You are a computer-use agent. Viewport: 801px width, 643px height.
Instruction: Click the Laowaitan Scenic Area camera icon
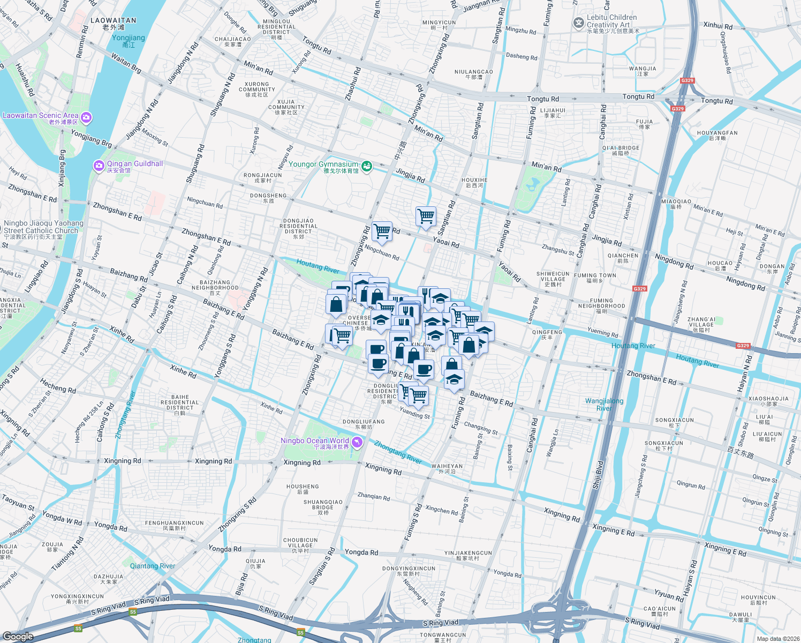click(x=86, y=117)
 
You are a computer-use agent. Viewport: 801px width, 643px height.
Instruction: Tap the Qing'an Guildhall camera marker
click(x=99, y=166)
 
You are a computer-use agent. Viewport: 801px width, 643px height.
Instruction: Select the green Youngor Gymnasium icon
click(x=367, y=167)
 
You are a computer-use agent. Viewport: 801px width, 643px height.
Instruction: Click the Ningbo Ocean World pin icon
click(x=358, y=443)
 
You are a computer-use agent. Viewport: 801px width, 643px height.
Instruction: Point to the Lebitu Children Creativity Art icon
click(x=578, y=23)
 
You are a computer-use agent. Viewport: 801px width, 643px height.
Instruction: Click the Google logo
click(x=18, y=636)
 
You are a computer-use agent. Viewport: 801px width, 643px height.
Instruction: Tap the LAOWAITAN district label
click(x=113, y=20)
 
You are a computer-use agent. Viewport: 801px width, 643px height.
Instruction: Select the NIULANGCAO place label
click(x=473, y=72)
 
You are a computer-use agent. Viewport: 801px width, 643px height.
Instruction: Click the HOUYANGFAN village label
click(x=717, y=133)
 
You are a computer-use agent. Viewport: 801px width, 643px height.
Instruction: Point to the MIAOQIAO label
click(x=676, y=202)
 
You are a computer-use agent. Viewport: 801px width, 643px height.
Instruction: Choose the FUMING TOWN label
click(x=595, y=275)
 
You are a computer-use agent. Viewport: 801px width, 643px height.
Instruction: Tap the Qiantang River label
click(x=152, y=566)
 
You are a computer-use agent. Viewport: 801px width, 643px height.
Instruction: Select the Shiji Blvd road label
click(x=598, y=475)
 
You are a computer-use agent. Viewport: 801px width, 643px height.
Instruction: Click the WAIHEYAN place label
click(x=447, y=466)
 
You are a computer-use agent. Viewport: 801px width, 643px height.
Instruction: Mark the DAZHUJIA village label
click(x=108, y=577)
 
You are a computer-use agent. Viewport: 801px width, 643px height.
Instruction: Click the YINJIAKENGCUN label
click(x=468, y=553)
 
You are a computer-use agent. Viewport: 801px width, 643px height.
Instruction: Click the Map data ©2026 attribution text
click(x=777, y=638)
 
